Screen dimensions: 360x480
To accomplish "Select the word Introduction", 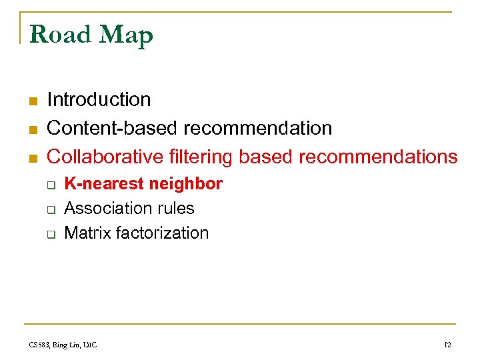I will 99,100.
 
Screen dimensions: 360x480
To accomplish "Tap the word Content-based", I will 113,128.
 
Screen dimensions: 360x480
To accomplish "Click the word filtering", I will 201,157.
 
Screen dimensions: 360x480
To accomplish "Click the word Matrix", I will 87,233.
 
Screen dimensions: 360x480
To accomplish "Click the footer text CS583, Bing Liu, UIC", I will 63,345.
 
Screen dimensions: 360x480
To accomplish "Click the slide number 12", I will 447,345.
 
